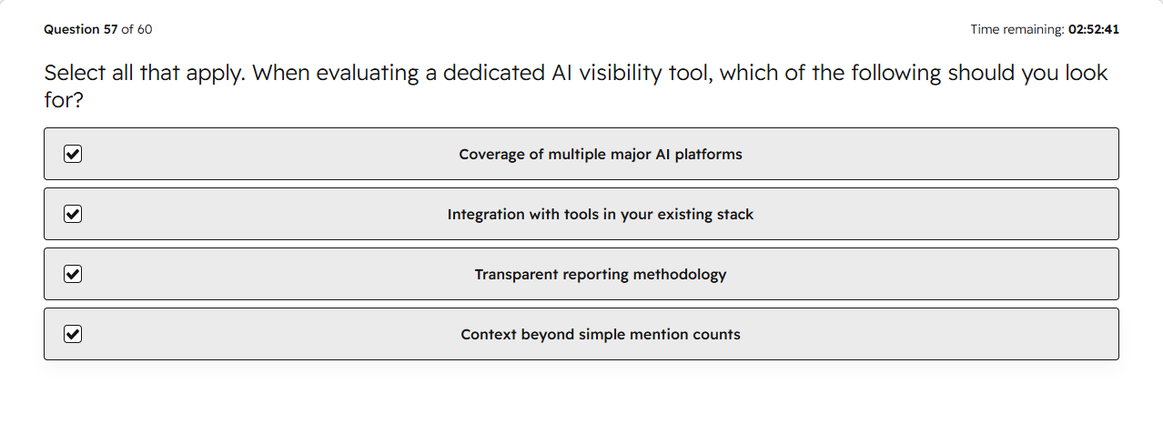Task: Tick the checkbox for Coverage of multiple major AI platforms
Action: point(73,154)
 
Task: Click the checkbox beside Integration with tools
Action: point(73,214)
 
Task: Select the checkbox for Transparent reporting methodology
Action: point(73,274)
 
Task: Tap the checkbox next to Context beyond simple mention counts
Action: point(73,334)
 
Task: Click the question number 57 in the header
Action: point(111,29)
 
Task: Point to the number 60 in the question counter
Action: point(145,29)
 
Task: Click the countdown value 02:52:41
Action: point(1094,29)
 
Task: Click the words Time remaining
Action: point(1017,30)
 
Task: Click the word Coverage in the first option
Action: point(491,155)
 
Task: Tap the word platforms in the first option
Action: point(708,155)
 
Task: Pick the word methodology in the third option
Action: point(680,275)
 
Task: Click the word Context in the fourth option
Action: point(489,335)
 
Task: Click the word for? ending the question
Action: point(64,100)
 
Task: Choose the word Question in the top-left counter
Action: point(72,30)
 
